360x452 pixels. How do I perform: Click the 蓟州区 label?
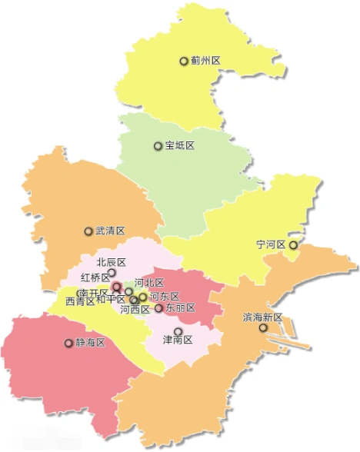click(x=206, y=61)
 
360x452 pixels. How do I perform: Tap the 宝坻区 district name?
click(x=179, y=145)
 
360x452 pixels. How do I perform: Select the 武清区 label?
click(x=109, y=231)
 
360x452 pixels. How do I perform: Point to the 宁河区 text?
click(x=271, y=245)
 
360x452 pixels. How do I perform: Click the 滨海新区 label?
click(x=262, y=317)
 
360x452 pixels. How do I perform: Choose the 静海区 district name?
click(x=89, y=343)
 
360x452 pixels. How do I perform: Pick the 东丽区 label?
click(x=180, y=308)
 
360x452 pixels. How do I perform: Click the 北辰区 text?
click(x=111, y=262)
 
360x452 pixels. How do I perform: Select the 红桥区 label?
click(x=95, y=278)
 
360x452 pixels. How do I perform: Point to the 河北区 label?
click(x=148, y=283)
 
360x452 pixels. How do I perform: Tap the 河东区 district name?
click(x=164, y=297)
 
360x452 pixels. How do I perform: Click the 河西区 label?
click(x=135, y=310)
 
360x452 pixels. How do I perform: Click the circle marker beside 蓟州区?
click(x=184, y=61)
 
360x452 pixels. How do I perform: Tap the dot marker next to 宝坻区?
click(x=158, y=145)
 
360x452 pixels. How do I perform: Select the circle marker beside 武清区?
click(x=88, y=231)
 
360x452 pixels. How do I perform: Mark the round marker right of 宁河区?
click(x=292, y=245)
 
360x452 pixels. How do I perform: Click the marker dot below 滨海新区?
click(x=263, y=328)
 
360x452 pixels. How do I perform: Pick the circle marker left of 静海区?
click(x=68, y=343)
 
